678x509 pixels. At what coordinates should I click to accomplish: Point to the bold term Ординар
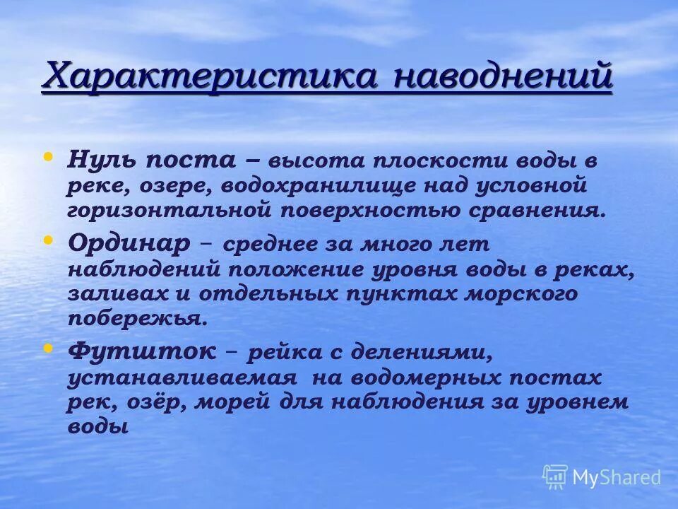coord(129,242)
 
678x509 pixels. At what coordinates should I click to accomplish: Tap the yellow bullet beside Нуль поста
coord(48,136)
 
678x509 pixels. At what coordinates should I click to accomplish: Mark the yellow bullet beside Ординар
coord(48,240)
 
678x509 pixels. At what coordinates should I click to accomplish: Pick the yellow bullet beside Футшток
coord(48,349)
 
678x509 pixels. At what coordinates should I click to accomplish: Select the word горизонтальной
coord(170,210)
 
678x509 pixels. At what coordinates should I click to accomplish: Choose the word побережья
coord(138,318)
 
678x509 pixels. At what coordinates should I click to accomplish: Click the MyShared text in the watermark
coord(617,477)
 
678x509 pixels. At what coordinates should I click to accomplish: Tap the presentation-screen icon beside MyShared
coord(555,476)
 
